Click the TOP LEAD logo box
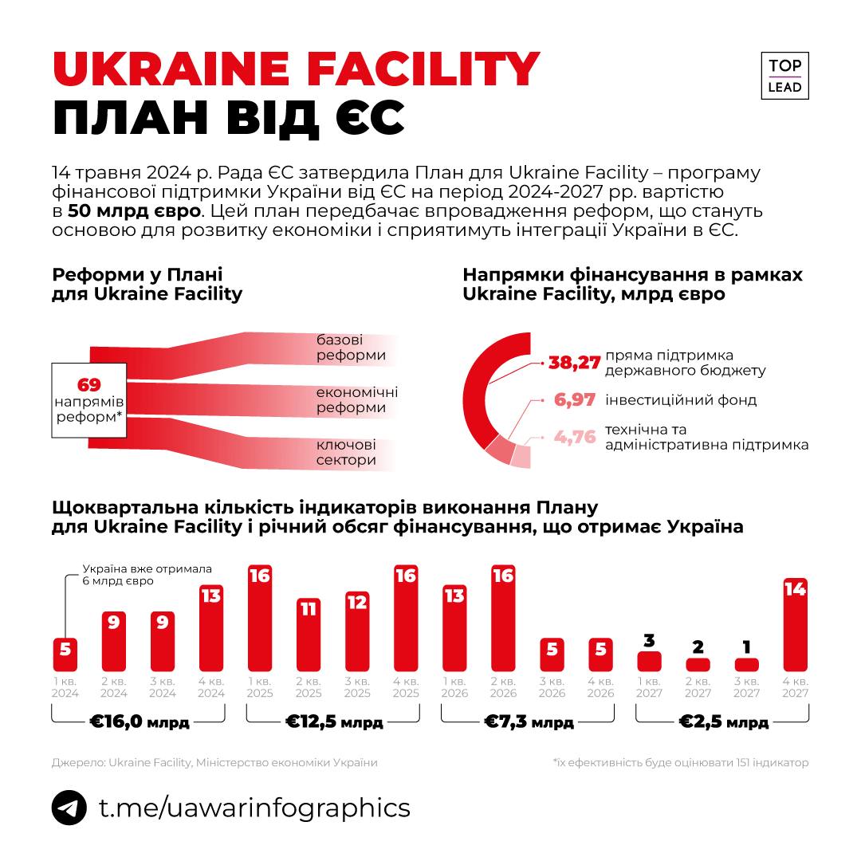785,76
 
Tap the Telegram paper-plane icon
69,808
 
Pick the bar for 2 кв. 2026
503,618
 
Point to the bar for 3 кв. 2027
747,664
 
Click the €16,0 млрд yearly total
140,723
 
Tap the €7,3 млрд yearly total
529,723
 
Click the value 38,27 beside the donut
574,364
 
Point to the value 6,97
575,400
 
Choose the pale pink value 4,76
575,436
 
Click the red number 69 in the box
89,384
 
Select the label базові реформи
350,348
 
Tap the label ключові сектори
346,452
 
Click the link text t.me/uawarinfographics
254,808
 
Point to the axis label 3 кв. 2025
357,687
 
